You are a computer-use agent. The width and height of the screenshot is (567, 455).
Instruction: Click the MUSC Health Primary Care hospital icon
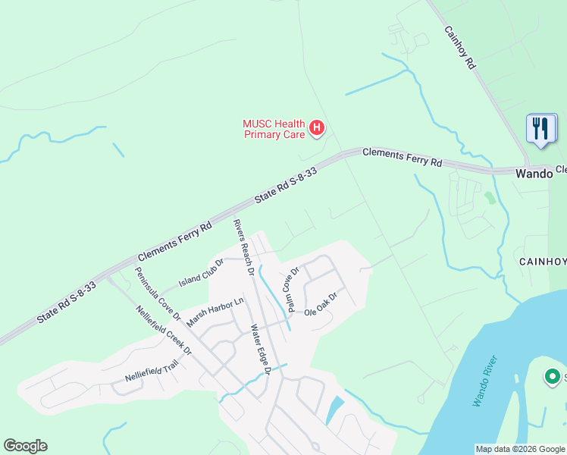[317, 130]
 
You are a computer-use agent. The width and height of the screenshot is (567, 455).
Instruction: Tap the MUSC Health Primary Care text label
[274, 130]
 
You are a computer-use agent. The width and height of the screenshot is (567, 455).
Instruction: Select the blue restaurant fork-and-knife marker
[541, 128]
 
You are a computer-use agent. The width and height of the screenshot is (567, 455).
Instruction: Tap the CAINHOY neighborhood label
[542, 262]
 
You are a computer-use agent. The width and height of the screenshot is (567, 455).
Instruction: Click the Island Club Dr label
[201, 273]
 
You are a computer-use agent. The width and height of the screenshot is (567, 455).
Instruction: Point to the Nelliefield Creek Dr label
[164, 330]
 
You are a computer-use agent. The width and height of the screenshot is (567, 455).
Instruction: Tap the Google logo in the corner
[25, 446]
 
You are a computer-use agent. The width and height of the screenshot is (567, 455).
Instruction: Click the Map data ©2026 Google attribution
[520, 449]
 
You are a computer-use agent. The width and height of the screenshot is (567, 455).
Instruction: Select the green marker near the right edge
[553, 376]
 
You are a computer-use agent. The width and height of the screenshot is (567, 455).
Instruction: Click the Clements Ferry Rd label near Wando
[402, 158]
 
